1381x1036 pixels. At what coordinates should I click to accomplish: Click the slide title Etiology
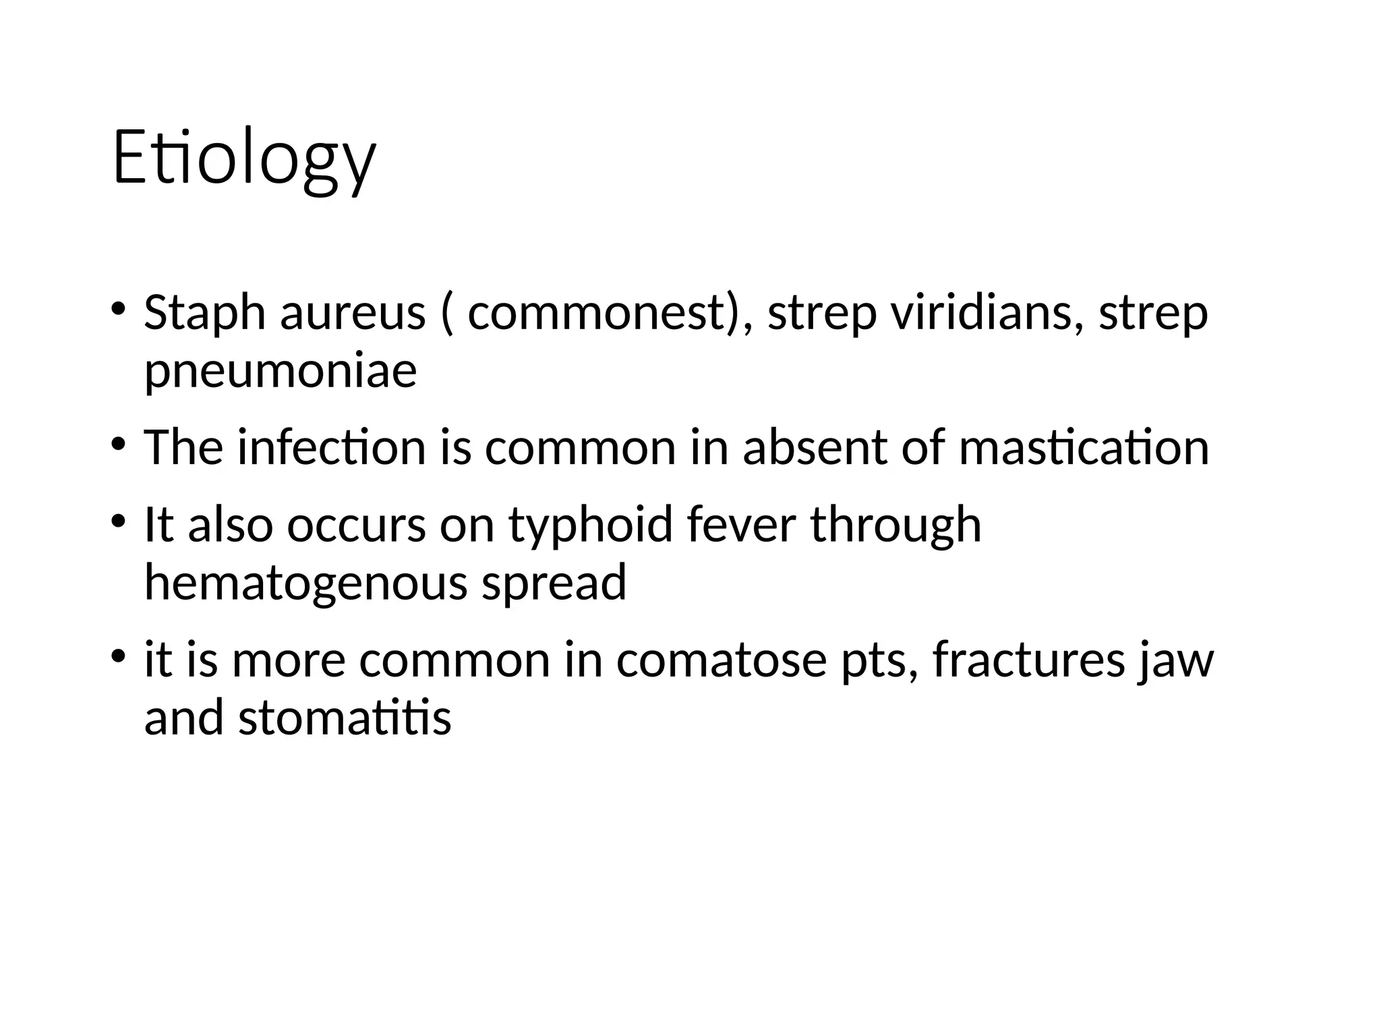[243, 159]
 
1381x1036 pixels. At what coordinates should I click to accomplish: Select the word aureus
[353, 313]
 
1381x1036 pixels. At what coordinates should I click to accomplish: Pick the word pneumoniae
[281, 371]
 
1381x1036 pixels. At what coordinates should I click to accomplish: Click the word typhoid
[591, 525]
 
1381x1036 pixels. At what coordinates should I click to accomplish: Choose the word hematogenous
[305, 583]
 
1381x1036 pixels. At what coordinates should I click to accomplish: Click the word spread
[554, 584]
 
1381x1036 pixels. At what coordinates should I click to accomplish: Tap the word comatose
[721, 660]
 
